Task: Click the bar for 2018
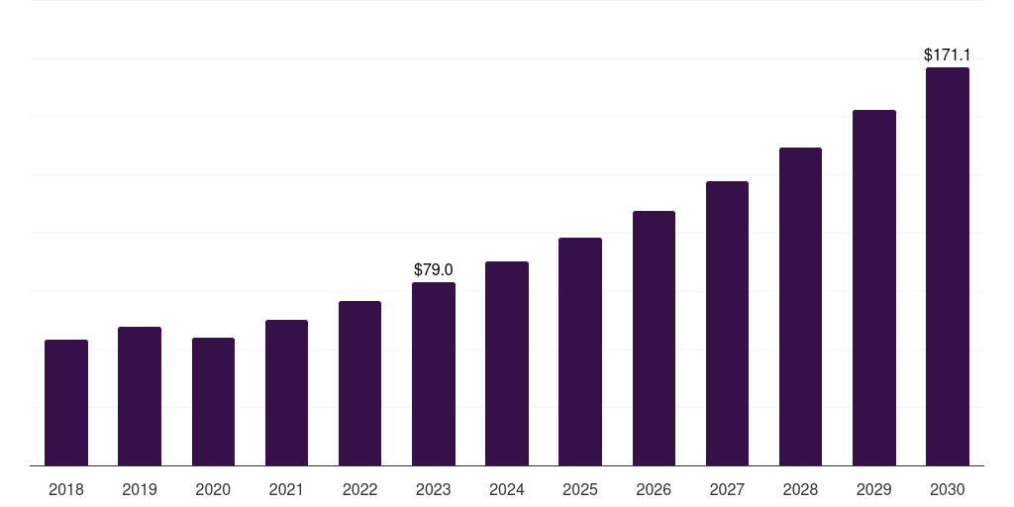[66, 403]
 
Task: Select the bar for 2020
[213, 402]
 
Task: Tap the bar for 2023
[434, 374]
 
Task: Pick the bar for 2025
[580, 352]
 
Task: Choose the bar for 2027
[727, 324]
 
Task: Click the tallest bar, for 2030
[947, 266]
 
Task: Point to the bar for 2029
[873, 288]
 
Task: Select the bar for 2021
[286, 393]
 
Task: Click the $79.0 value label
[434, 269]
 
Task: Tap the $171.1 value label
[947, 54]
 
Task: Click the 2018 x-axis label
[66, 489]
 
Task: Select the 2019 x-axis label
[140, 489]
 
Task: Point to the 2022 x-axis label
[359, 489]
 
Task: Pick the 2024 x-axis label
[507, 489]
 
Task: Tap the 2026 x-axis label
[654, 489]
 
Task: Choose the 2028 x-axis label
[800, 489]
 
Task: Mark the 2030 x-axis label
[947, 489]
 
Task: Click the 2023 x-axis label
[434, 489]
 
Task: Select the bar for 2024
[507, 363]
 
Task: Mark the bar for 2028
[800, 307]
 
